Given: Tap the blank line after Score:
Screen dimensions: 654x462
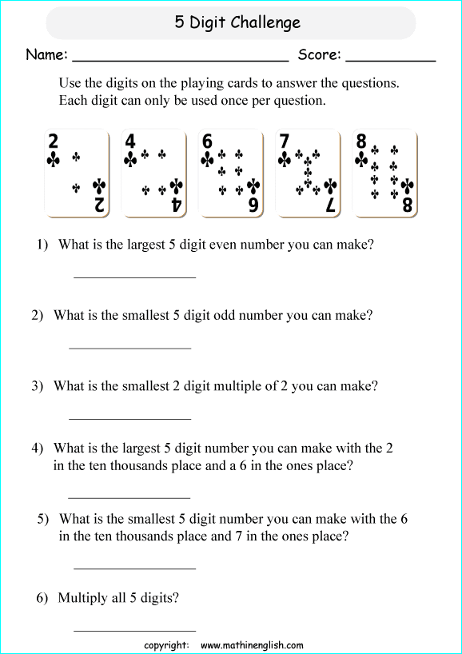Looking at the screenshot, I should click(x=391, y=59).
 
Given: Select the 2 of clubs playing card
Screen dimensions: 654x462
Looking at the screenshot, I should click(x=77, y=173).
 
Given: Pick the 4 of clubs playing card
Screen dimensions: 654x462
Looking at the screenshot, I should click(x=154, y=173).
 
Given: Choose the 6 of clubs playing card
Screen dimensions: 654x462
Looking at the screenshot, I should click(x=231, y=173).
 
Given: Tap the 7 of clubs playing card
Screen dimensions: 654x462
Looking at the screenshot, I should click(x=308, y=173).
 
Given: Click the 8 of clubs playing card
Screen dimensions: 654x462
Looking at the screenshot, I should click(x=384, y=173).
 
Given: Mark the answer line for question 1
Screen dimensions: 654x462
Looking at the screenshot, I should click(x=134, y=277).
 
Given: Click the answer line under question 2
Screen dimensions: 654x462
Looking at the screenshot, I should click(x=130, y=347).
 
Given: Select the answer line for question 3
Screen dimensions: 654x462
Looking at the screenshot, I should click(x=130, y=417).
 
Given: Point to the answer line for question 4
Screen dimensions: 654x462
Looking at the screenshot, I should click(x=129, y=496).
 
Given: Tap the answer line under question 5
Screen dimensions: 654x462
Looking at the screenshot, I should click(x=134, y=568).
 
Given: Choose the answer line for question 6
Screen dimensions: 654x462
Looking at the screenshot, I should click(x=134, y=630).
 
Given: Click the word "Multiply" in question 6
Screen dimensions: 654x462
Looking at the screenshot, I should click(x=84, y=598).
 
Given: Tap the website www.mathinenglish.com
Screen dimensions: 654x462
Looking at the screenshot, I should click(x=252, y=645).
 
